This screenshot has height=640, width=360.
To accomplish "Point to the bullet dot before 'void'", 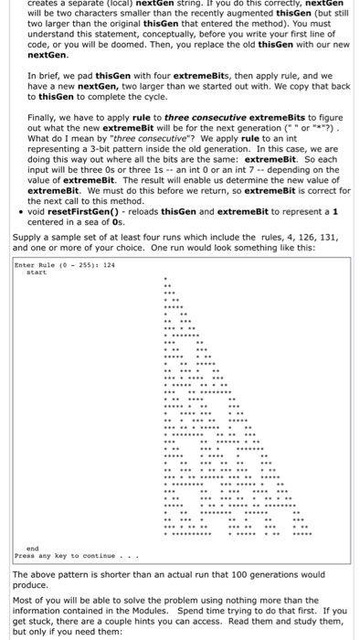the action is [x=20, y=210].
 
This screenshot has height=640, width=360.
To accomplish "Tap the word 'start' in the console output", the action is [x=36, y=271].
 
